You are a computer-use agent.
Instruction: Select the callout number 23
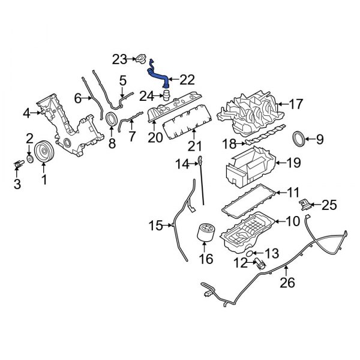119,59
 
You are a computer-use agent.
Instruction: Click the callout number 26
287,281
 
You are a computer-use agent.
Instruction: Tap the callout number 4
26,112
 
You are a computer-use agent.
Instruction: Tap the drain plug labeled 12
259,263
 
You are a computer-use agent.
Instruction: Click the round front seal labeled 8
112,119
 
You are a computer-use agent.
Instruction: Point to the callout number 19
293,161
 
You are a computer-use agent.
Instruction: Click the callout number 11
292,193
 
